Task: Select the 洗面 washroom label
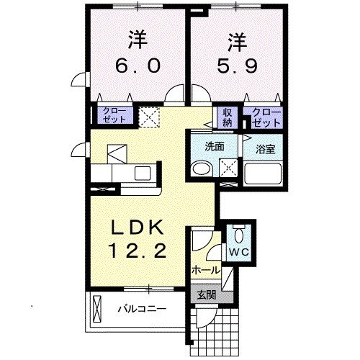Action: point(214,145)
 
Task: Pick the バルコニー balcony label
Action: point(142,310)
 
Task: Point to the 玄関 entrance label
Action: point(206,294)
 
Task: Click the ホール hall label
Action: point(206,269)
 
